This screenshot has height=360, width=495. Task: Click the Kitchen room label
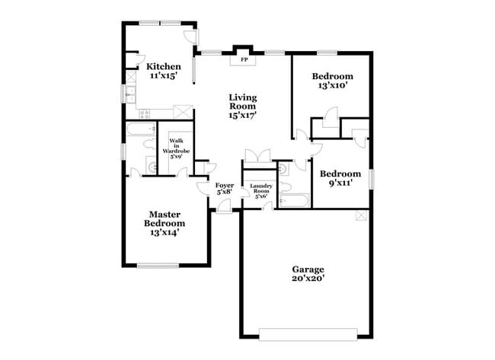coord(164,66)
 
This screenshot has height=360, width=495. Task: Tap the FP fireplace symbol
coord(244,59)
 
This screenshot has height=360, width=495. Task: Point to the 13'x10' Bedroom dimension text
coord(333,86)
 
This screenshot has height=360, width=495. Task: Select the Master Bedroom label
coord(164,219)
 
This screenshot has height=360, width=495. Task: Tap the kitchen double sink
coord(130,94)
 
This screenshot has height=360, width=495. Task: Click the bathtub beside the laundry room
coord(293,201)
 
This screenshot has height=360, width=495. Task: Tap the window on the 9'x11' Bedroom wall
coord(372,177)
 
